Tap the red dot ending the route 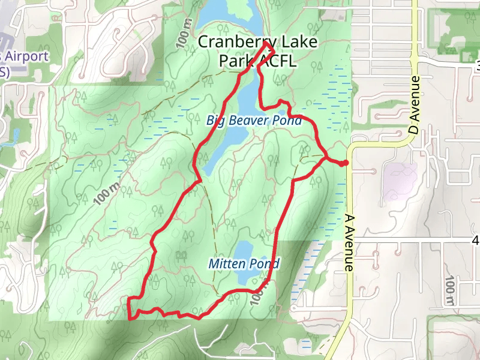point(345,163)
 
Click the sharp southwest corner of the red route point(130,319)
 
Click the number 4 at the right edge point(475,241)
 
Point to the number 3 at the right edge point(478,64)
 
